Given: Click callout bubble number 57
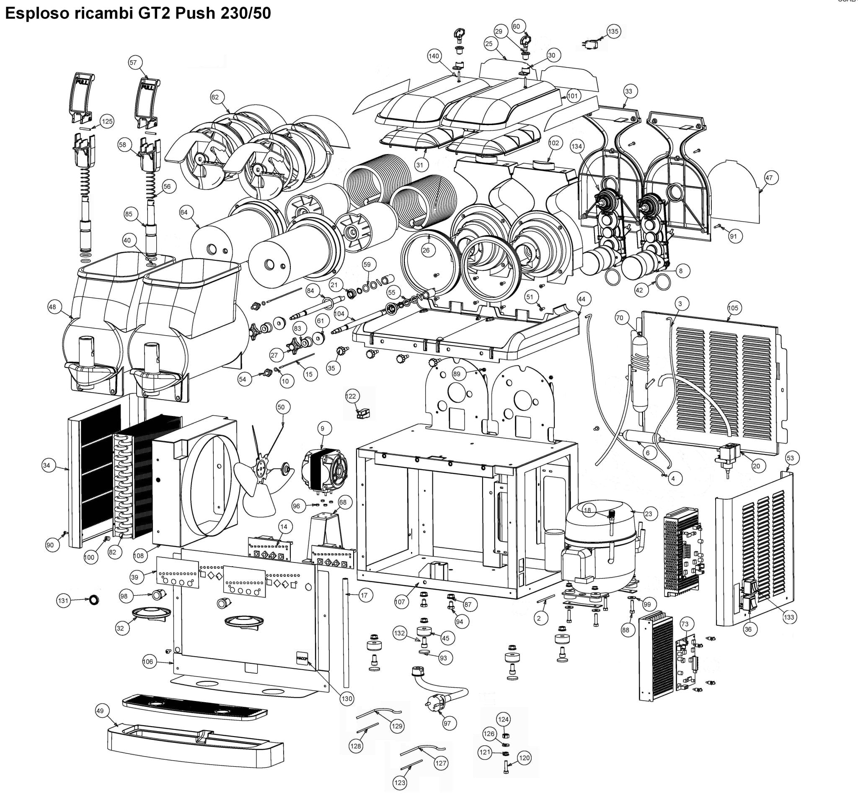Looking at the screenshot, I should coord(133,63).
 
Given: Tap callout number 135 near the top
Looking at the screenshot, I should coord(612,31).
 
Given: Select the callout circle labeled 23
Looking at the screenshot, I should coord(649,514).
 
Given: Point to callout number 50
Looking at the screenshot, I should coord(281,407).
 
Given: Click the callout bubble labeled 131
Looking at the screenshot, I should coord(63,601).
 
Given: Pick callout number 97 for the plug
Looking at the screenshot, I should coord(447,723).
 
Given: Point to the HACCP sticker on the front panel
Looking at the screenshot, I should coord(301,658).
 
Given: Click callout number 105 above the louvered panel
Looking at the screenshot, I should coord(733,308).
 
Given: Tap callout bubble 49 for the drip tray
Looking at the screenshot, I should coord(100,711).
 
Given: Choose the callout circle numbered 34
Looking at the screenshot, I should coord(47,465).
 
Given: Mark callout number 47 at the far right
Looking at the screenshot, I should coord(769,177).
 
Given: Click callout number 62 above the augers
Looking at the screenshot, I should coord(215,98).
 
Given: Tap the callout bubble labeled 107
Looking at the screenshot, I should coord(400,602).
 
